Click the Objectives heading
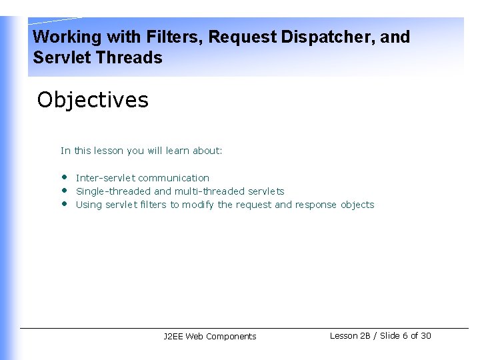pos(93,100)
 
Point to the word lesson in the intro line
pos(108,151)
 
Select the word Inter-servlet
pos(105,178)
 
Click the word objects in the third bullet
pos(357,205)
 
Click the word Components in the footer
pos(231,337)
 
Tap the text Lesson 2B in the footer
pos(350,336)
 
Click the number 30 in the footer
pos(426,336)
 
